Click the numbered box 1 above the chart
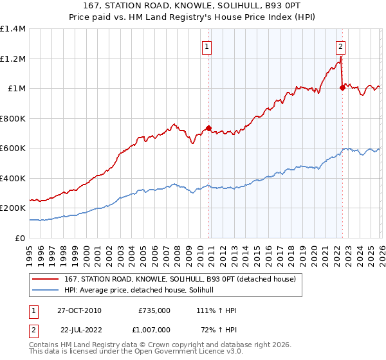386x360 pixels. pos(207,46)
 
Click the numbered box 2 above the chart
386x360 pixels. pos(340,46)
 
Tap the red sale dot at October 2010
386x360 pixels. pos(208,128)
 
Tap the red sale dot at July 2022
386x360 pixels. pos(342,88)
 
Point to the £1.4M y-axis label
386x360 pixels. pos(13,29)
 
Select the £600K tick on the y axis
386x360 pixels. pos(13,148)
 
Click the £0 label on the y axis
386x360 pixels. pos(21,238)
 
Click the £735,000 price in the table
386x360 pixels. pos(154,310)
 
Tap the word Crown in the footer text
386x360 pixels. pos(162,345)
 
